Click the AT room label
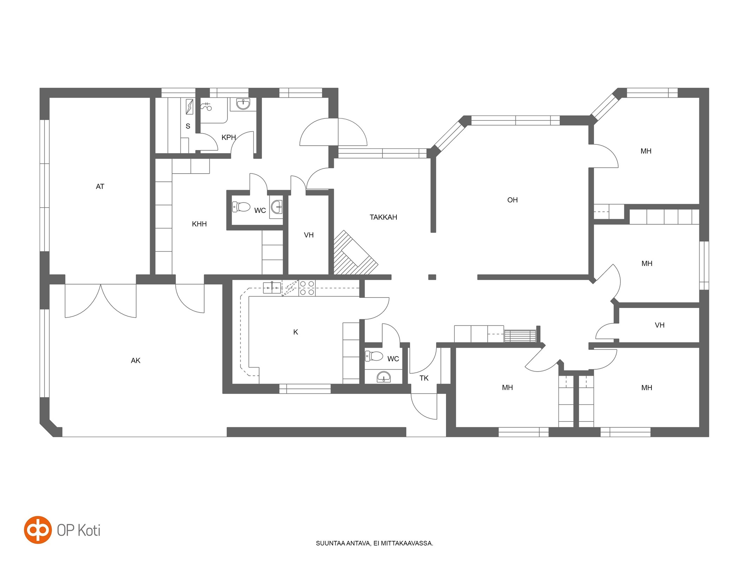pyautogui.click(x=100, y=187)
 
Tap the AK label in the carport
pyautogui.click(x=136, y=360)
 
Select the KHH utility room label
pyautogui.click(x=199, y=224)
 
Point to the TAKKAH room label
pyautogui.click(x=383, y=217)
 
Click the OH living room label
pyautogui.click(x=512, y=200)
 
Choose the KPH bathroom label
pyautogui.click(x=229, y=137)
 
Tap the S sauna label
pyautogui.click(x=188, y=126)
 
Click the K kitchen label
pyautogui.click(x=296, y=332)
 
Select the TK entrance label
pyautogui.click(x=424, y=378)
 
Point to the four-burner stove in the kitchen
pyautogui.click(x=307, y=288)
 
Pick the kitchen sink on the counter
pyautogui.click(x=272, y=287)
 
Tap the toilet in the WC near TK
pyautogui.click(x=374, y=356)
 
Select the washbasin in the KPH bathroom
pyautogui.click(x=243, y=104)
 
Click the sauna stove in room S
pyautogui.click(x=189, y=107)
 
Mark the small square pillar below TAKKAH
pyautogui.click(x=432, y=277)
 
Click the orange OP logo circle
pyautogui.click(x=38, y=530)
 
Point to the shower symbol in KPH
pyautogui.click(x=206, y=106)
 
